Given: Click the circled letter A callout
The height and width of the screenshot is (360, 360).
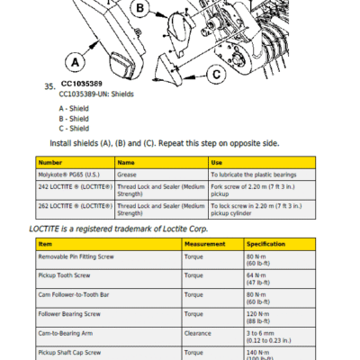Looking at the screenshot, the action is [75, 62].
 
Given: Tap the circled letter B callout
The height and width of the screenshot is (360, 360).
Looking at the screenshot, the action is [139, 8].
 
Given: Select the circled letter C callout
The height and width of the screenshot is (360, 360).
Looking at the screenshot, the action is [217, 74].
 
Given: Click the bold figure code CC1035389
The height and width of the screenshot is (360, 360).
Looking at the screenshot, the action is [82, 84].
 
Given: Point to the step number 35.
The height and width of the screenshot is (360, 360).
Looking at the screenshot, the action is [49, 86].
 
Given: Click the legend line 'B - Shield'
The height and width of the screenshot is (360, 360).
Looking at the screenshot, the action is [74, 119].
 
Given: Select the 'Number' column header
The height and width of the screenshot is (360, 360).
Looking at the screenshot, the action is [50, 163].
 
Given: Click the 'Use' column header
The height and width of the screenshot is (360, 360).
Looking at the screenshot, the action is [217, 163].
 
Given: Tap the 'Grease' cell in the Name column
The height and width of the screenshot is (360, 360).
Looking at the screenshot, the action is [127, 175].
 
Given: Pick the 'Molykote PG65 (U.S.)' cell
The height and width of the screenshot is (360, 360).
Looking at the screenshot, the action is [68, 175].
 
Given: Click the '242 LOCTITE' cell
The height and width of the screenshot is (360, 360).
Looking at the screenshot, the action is [76, 187].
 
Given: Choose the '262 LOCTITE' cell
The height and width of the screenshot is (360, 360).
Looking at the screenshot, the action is [76, 206].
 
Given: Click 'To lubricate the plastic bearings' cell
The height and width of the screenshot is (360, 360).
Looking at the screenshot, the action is [254, 175].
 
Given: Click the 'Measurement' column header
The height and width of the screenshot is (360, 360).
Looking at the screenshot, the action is [204, 244].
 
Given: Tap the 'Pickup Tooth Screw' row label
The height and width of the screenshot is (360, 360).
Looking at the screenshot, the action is [64, 275].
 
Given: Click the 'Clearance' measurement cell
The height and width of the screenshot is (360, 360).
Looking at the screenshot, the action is [198, 333].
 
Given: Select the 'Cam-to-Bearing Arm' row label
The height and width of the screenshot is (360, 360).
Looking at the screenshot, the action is [66, 333].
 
